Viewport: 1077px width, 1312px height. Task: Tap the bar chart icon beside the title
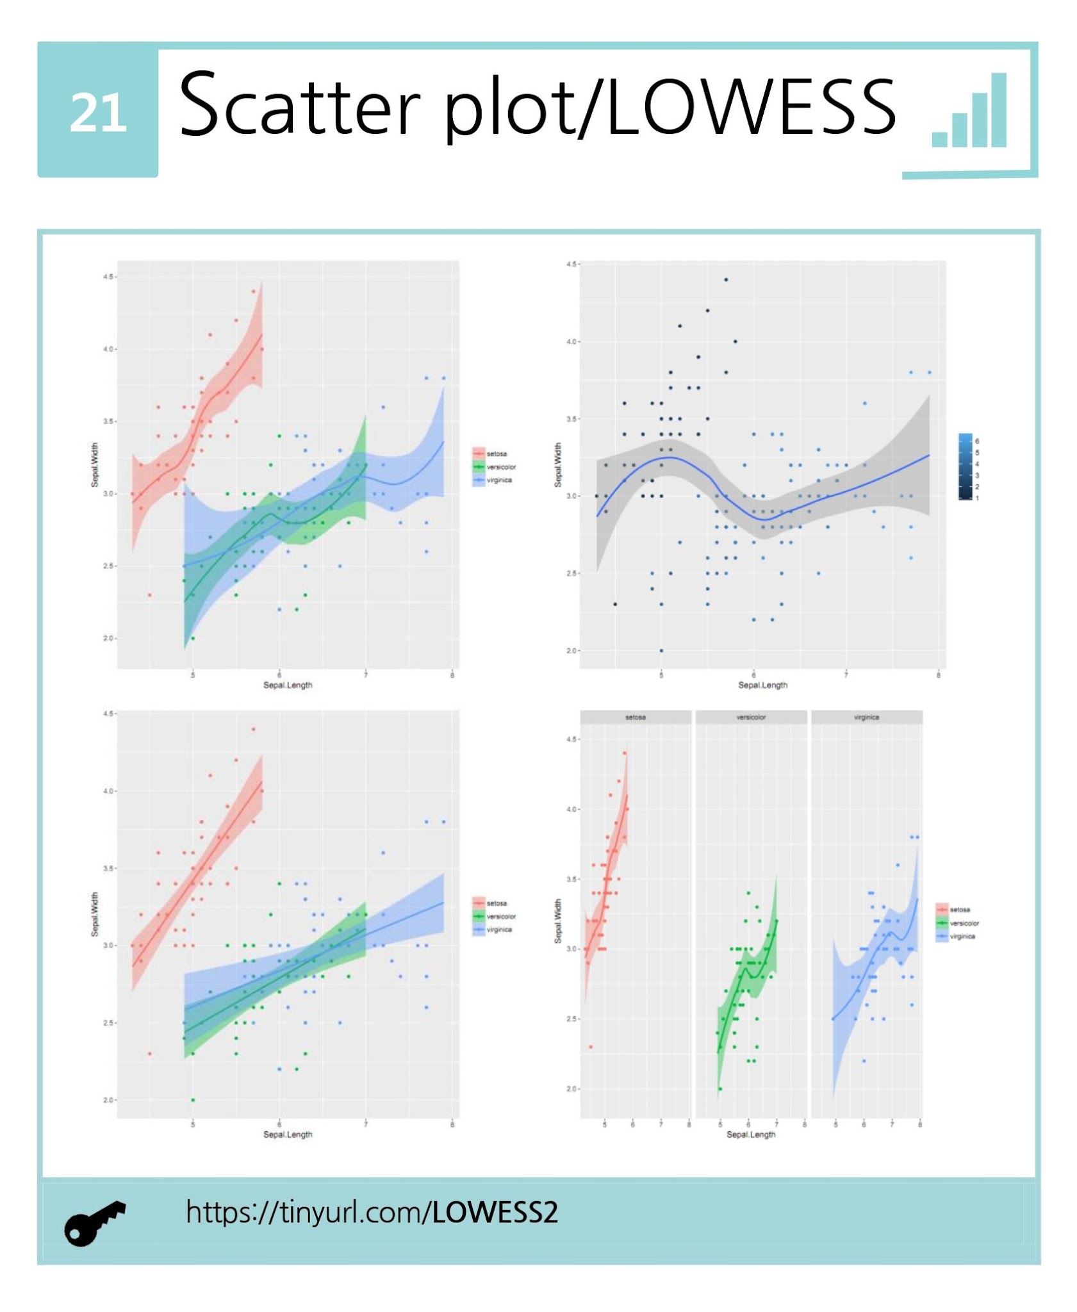pos(969,112)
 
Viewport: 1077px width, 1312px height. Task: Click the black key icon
pos(94,1222)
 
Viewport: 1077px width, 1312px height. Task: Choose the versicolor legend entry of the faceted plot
pos(963,923)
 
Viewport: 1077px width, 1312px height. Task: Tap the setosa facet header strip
pos(636,717)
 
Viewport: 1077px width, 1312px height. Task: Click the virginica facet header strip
pos(866,717)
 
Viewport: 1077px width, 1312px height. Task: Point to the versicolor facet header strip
pos(751,717)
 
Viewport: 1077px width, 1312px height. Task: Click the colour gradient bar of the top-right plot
pos(965,466)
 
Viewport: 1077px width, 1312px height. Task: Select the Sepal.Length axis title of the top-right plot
pos(762,685)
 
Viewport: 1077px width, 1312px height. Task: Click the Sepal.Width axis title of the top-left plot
pos(95,465)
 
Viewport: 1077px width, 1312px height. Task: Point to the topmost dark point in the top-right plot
pos(726,280)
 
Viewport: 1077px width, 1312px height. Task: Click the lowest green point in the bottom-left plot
pos(193,1100)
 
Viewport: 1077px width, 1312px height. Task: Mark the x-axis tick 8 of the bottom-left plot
pos(452,1122)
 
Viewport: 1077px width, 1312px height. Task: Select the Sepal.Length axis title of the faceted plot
pos(751,1135)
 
